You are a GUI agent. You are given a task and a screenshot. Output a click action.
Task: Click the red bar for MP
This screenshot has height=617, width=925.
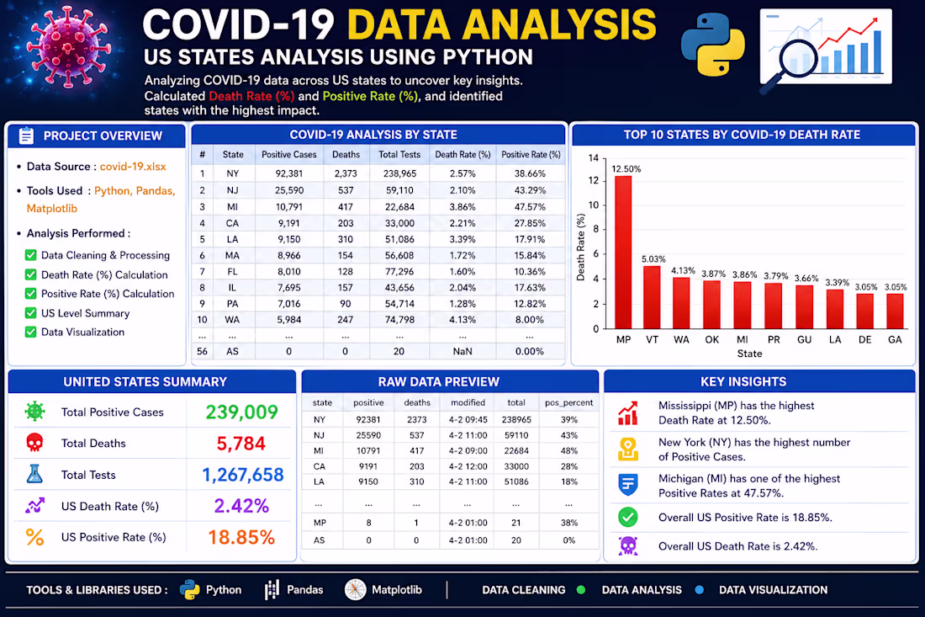pos(623,253)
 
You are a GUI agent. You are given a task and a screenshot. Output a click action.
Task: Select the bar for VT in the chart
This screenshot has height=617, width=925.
pos(652,298)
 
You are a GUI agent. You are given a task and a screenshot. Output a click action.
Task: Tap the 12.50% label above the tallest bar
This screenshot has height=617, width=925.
pos(626,169)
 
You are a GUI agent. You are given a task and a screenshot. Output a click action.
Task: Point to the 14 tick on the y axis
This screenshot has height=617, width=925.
pos(594,157)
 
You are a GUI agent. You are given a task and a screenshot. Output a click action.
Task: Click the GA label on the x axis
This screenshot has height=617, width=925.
pos(895,339)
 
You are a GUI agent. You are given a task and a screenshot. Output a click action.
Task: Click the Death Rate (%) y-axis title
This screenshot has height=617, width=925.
pos(581,247)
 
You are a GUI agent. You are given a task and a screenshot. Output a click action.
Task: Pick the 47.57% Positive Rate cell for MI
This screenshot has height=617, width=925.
pos(530,207)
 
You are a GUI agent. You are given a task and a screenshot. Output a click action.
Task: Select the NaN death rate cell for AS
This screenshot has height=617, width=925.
pos(462,351)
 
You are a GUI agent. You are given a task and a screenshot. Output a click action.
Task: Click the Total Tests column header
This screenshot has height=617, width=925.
pos(399,155)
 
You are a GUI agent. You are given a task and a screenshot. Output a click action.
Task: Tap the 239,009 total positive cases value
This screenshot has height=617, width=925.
pos(242,412)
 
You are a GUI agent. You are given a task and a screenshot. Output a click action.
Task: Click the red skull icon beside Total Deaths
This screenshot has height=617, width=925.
pos(34,442)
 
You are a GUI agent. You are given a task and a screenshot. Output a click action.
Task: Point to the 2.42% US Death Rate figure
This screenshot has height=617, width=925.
pos(241,506)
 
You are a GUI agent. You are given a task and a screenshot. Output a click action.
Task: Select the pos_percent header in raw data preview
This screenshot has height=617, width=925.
pos(568,402)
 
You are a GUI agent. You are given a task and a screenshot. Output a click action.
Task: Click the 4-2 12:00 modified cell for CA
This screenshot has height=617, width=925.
pos(468,466)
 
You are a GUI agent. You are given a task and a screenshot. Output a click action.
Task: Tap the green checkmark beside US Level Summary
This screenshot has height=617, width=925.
pos(30,313)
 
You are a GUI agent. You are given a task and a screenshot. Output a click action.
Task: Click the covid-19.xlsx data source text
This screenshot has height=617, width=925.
pos(133,167)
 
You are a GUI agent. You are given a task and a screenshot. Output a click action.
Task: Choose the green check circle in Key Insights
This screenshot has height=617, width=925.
pos(627,517)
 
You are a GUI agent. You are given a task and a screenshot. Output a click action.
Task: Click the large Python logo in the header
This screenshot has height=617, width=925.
pos(712,45)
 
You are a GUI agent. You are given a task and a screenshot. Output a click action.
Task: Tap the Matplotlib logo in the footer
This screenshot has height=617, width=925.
pos(355,589)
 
